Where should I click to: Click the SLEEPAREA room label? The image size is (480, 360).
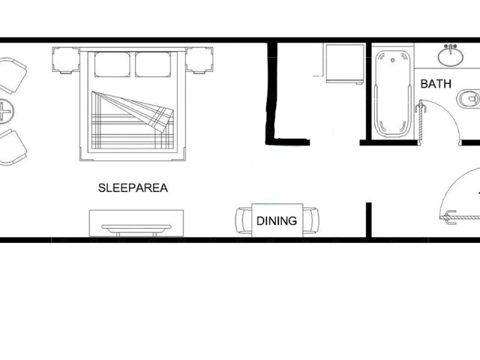[x=133, y=187]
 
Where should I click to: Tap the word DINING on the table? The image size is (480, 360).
[x=277, y=220]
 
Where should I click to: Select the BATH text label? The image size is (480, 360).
[x=436, y=83]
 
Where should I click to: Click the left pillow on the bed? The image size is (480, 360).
[x=112, y=64]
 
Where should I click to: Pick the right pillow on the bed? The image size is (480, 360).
[x=153, y=64]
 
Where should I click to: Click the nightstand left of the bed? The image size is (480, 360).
[x=66, y=60]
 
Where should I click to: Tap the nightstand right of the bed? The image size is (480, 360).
[x=199, y=60]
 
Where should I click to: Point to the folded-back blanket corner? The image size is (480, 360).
[x=138, y=111]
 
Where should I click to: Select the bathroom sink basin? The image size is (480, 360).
[x=450, y=55]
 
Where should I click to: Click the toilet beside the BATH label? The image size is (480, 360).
[x=468, y=99]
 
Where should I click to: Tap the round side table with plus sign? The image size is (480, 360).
[x=4, y=111]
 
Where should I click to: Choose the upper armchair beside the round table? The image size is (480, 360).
[x=12, y=76]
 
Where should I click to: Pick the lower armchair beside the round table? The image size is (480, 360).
[x=12, y=148]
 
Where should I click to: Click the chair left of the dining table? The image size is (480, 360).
[x=244, y=220]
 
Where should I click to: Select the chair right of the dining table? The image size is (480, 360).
[x=310, y=220]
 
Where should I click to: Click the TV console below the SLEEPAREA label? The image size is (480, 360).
[x=136, y=223]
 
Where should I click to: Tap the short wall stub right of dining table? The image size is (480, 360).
[x=369, y=220]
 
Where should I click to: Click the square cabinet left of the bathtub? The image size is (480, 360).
[x=345, y=63]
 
